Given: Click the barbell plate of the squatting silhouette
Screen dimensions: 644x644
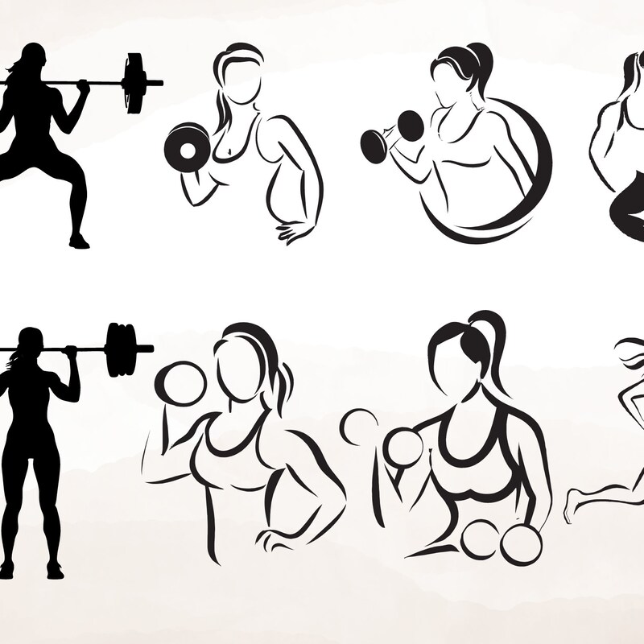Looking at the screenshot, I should point(134,84).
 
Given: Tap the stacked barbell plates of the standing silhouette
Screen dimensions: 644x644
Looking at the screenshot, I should point(121,349).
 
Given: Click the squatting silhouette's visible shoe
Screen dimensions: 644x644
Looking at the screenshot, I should point(79,242).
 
